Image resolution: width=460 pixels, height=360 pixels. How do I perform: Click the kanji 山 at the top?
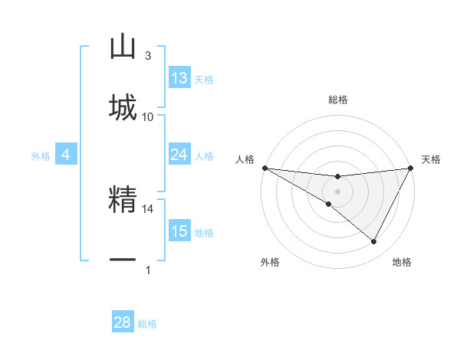point(123,47)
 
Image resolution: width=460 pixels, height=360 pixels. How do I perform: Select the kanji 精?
point(123,201)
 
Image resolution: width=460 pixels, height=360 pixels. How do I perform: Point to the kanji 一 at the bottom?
point(123,260)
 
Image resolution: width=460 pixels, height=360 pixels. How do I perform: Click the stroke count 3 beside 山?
point(148,56)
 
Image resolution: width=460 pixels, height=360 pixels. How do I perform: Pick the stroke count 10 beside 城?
point(148,116)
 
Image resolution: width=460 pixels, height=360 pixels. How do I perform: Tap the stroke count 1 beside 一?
point(148,270)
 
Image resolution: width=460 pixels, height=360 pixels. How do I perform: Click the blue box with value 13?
point(179,78)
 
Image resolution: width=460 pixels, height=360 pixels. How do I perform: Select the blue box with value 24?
point(179,155)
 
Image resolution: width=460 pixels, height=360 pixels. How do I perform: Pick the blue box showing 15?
point(179,231)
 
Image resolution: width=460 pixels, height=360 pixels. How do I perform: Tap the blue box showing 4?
point(66,155)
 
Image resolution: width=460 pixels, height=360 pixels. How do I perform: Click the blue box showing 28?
point(123,322)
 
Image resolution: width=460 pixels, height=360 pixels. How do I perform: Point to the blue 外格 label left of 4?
point(41,156)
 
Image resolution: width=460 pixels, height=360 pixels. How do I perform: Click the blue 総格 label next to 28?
point(147,324)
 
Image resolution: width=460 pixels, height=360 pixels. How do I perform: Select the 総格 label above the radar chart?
point(337,100)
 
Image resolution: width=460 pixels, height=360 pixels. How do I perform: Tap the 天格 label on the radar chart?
point(432,159)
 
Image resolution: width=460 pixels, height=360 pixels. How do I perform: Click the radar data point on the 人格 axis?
point(264,168)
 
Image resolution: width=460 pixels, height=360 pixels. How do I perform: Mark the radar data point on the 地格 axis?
point(374,242)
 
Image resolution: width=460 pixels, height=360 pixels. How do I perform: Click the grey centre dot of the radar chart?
point(337,191)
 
